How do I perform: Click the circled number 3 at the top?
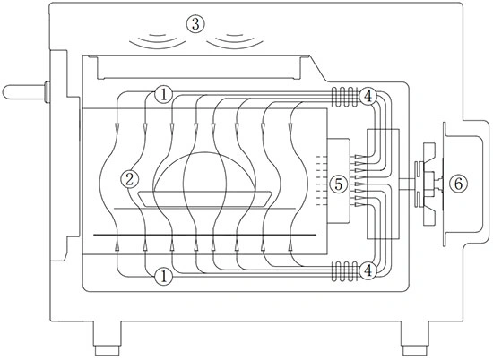(x=195, y=24)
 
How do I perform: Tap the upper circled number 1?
(x=163, y=95)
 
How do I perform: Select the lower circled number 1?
(x=163, y=276)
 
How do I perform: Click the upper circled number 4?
(x=368, y=96)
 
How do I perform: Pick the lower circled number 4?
(x=368, y=270)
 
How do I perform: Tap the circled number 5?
(x=338, y=184)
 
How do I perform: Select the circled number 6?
(x=459, y=184)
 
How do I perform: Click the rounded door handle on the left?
(x=26, y=91)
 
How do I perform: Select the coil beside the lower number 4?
(x=346, y=270)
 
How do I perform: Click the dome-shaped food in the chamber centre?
(x=204, y=152)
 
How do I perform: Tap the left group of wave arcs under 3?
(x=158, y=44)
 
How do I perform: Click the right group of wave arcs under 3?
(x=235, y=44)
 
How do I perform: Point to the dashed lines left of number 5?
(x=321, y=181)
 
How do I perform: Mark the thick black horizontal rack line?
(x=204, y=235)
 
